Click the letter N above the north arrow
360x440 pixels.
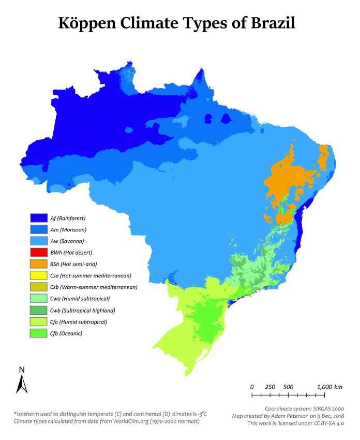pos(22,370)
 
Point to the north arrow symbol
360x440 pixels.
pos(22,384)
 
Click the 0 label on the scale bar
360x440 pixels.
pos(252,387)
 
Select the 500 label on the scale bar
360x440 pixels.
pos(288,387)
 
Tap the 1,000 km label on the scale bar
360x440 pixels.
pos(329,387)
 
